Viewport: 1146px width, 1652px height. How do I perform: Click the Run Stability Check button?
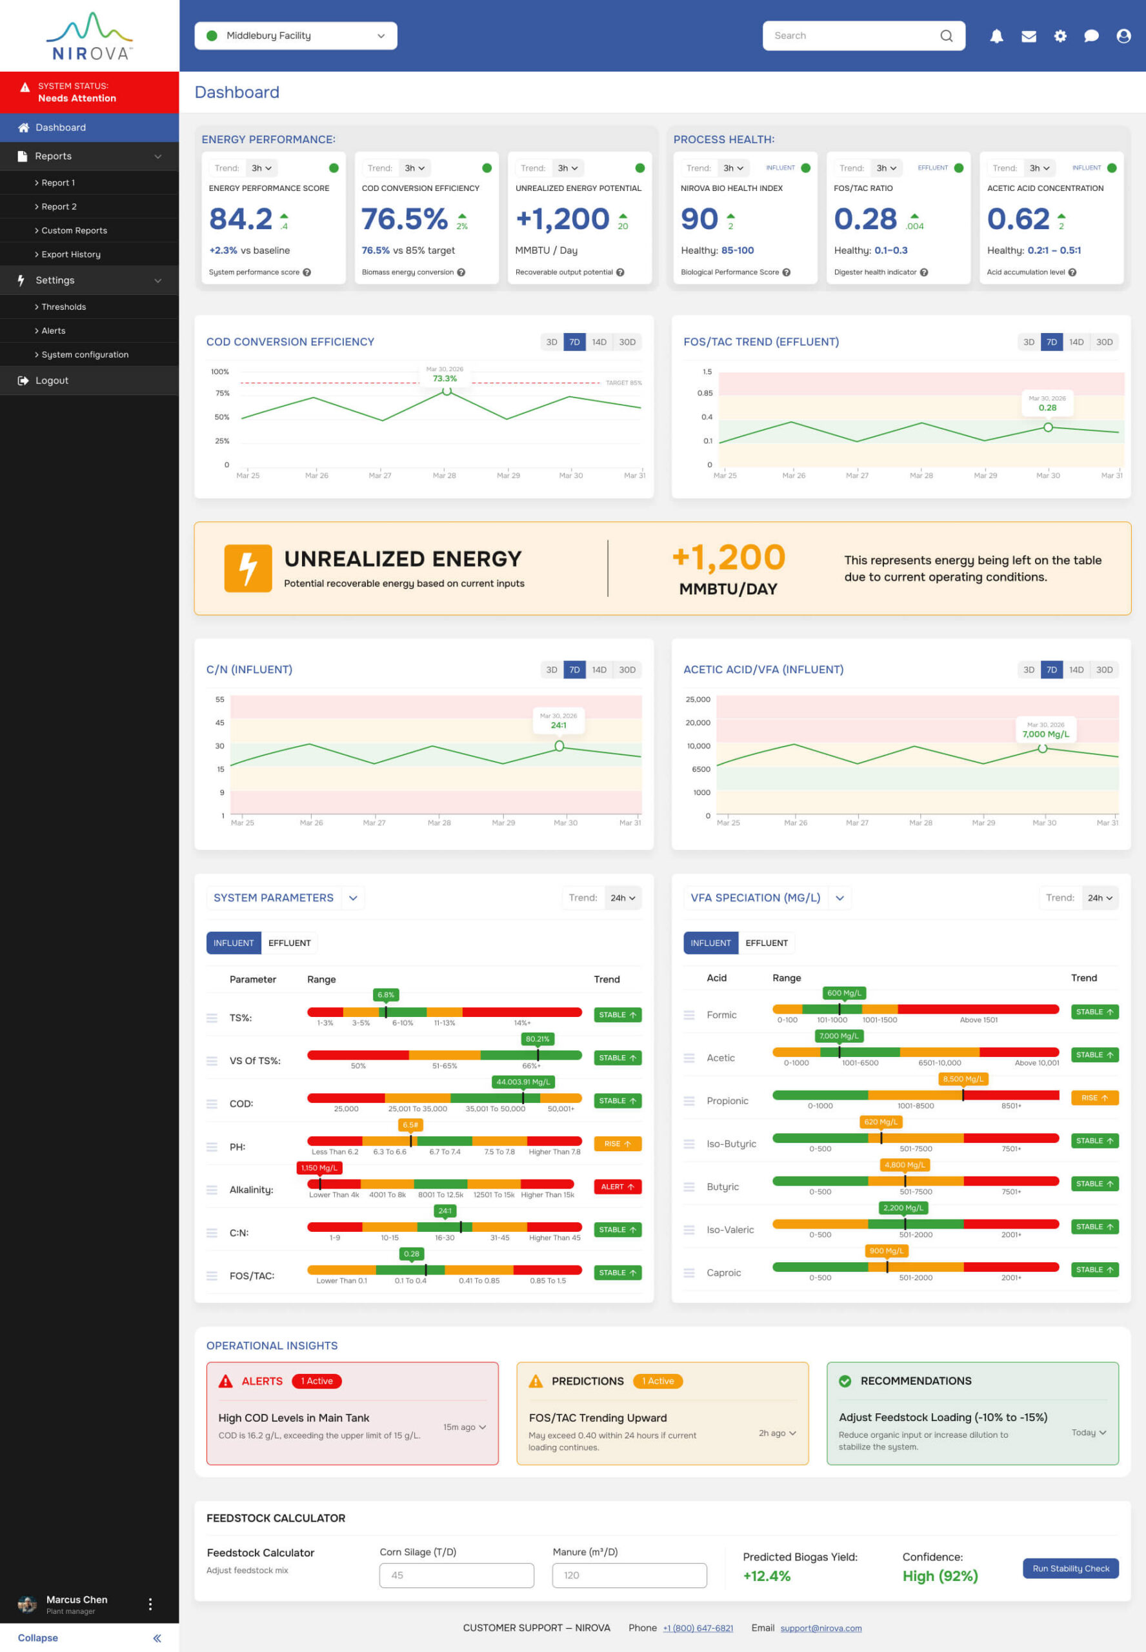1070,1568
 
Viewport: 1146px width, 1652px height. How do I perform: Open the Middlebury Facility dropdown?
295,36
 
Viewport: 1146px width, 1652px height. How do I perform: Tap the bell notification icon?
996,36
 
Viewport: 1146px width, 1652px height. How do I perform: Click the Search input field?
854,36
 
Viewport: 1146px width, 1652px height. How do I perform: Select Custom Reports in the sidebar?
74,230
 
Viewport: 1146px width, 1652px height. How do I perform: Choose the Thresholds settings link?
63,307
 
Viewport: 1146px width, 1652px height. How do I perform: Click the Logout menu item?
52,381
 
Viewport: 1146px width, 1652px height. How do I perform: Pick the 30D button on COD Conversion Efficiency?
627,342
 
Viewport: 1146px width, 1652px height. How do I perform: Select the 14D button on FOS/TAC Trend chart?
1076,342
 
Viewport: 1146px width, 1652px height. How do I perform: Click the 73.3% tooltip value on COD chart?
445,378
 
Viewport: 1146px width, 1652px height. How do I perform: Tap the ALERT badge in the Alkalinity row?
617,1187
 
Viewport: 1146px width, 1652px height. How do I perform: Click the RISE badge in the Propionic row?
1094,1098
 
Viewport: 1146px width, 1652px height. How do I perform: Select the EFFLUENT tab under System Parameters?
289,943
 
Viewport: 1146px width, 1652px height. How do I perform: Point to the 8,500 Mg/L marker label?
963,1079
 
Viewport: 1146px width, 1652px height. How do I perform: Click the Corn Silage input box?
457,1575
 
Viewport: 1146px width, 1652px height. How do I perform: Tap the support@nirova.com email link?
821,1627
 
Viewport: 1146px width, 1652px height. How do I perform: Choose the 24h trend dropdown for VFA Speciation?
1099,898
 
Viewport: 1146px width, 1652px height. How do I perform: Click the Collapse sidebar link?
38,1638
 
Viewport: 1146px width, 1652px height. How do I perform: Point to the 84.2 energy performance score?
241,219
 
